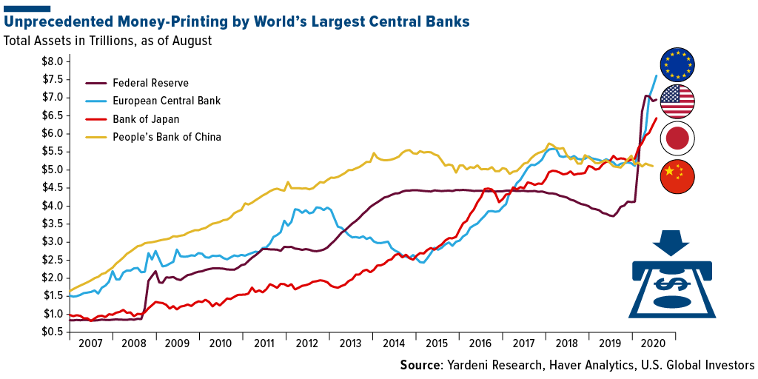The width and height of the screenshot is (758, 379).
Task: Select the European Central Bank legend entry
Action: click(166, 100)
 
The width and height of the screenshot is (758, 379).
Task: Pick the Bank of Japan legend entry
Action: click(145, 118)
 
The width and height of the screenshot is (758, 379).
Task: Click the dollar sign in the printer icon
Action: click(672, 283)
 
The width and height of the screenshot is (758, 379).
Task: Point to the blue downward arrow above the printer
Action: click(672, 241)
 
